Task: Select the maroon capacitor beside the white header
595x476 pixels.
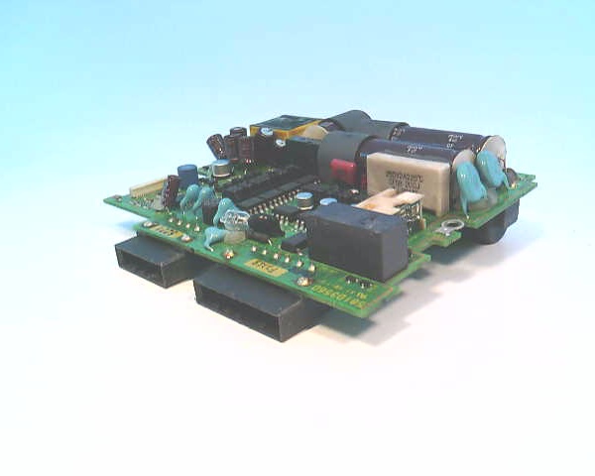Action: [173, 188]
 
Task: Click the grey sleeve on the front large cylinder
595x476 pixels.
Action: [338, 153]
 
